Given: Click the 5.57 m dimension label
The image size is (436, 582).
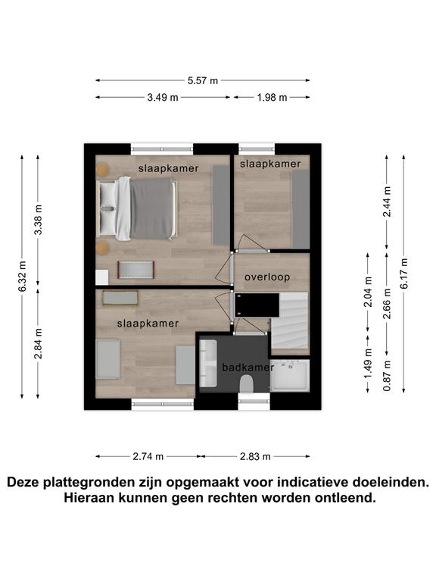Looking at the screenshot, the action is (x=202, y=80).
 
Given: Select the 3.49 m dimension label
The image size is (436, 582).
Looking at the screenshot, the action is (x=163, y=97).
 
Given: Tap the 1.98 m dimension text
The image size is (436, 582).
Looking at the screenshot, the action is (x=272, y=97).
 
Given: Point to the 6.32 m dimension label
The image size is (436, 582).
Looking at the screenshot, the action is (x=23, y=276).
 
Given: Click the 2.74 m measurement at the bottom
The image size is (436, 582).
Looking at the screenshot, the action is (x=148, y=456).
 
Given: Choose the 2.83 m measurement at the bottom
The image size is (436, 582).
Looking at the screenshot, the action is (x=255, y=456).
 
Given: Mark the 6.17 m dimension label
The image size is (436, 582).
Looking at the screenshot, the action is (x=403, y=273).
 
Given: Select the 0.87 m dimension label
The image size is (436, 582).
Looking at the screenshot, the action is (x=387, y=376).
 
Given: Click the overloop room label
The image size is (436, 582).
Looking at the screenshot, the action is (x=267, y=277).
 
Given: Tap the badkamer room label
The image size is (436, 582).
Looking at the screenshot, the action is (x=248, y=368).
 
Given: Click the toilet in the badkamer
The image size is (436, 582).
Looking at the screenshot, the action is (x=246, y=383).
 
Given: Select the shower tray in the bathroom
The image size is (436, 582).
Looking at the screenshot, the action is (x=290, y=375).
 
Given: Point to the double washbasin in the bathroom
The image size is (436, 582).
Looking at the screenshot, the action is (x=208, y=364).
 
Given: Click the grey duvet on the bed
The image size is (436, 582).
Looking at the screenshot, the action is (x=151, y=209).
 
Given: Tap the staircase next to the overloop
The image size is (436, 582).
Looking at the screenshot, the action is (x=290, y=323).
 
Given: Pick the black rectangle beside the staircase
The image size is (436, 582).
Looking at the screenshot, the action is (x=257, y=305).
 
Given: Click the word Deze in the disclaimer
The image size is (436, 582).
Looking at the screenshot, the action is (x=23, y=482).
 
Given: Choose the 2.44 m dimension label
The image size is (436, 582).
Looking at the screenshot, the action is (x=387, y=202).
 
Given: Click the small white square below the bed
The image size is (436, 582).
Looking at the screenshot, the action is (x=102, y=277).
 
